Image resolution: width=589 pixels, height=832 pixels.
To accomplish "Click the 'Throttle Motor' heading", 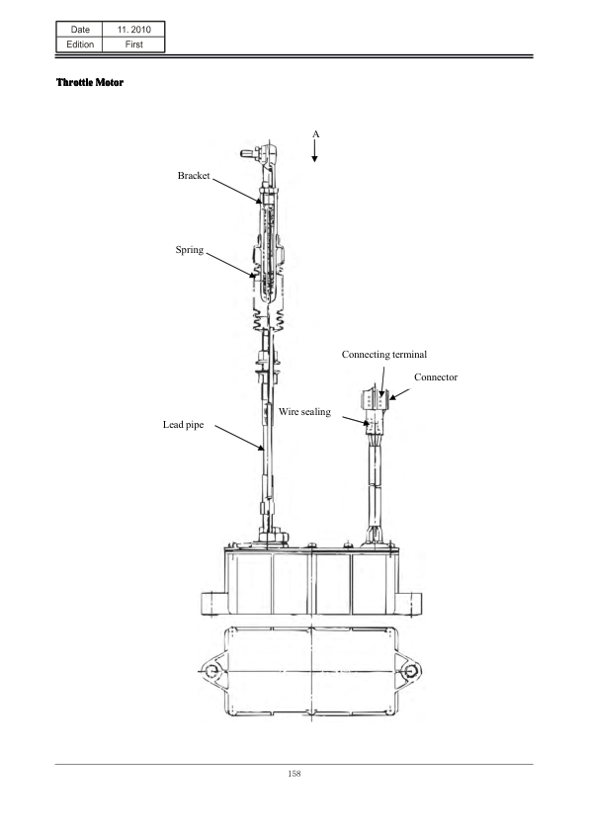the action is coord(90,82).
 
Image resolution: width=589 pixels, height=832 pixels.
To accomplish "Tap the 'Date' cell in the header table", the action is coord(80,30).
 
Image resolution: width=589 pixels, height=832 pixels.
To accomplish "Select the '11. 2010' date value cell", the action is coord(133,30).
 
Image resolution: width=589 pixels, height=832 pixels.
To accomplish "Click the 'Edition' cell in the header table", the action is coord(80,44).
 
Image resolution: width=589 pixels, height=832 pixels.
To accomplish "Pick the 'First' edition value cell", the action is coord(133,44).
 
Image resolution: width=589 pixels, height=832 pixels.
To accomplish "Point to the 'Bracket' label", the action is coord(194,176).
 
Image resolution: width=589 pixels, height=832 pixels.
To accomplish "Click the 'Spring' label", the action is coord(190,250).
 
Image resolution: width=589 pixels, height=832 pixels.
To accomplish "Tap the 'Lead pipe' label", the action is coord(183,425).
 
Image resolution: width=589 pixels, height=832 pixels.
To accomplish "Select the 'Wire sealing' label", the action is coord(304,412).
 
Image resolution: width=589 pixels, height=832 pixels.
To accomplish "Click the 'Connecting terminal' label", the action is coord(384,355).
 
